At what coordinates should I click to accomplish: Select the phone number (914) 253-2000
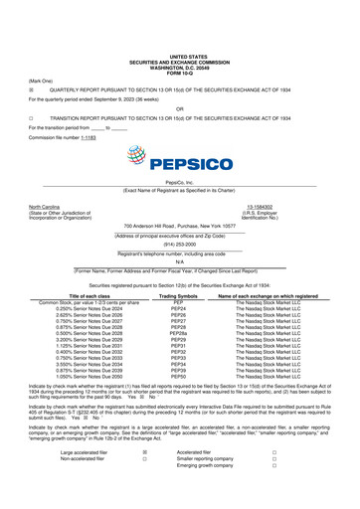(x=180, y=250)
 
